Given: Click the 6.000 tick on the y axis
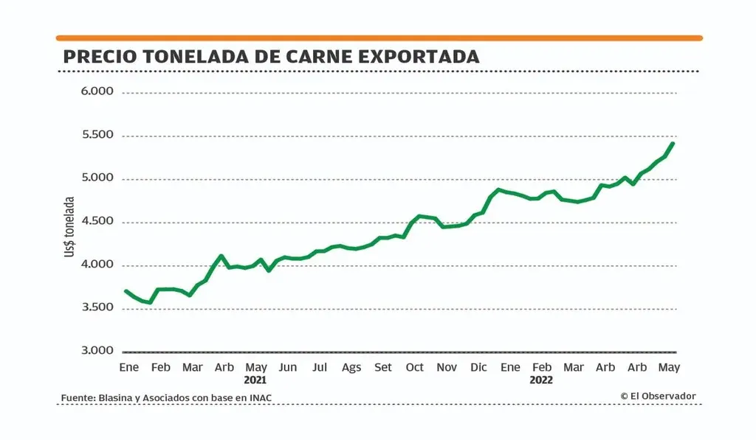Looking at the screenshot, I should (x=97, y=92).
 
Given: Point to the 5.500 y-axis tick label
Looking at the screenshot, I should (x=97, y=135).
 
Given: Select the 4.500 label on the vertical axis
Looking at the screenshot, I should (x=97, y=221).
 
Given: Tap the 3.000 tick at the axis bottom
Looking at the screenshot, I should (x=97, y=351).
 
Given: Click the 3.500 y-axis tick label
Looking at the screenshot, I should (x=97, y=307).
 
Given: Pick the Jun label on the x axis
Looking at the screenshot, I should (x=288, y=367).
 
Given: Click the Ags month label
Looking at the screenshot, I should (x=351, y=367).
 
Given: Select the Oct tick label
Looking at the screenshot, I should (x=415, y=367).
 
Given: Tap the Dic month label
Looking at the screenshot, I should (x=478, y=367).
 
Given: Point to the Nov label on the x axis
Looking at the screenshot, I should (x=447, y=367).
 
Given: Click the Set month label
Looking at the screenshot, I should (x=383, y=367).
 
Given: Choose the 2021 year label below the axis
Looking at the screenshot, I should (x=255, y=380).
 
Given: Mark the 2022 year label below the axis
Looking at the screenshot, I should (x=541, y=380).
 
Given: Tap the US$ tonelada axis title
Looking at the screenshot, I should (x=70, y=226).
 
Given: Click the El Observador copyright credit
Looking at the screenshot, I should (x=658, y=397).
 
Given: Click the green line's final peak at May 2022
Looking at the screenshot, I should (x=673, y=143).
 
